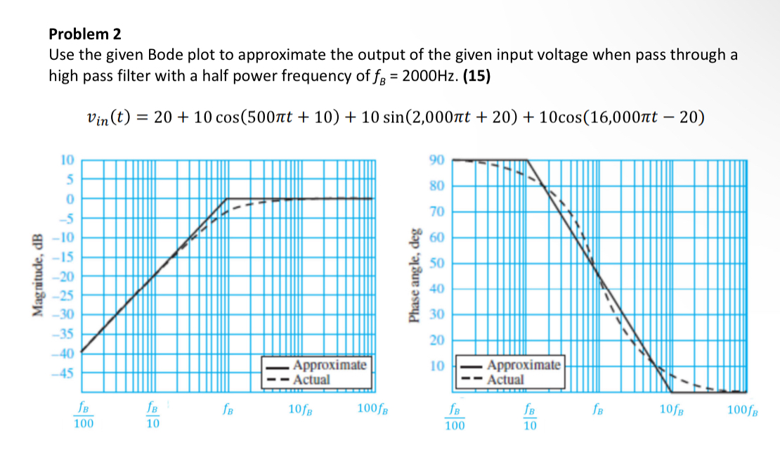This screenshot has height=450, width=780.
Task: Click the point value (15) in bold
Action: tap(476, 76)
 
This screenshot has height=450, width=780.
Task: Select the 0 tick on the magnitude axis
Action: tap(70, 199)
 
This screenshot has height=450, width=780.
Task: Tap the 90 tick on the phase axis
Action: tap(437, 160)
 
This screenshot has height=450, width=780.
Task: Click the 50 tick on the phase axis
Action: tap(437, 263)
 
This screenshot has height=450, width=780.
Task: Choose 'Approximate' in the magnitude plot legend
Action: tap(330, 366)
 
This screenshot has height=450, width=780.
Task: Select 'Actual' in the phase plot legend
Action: tap(506, 380)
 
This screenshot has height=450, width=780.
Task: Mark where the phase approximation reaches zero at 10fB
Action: tap(672, 392)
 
